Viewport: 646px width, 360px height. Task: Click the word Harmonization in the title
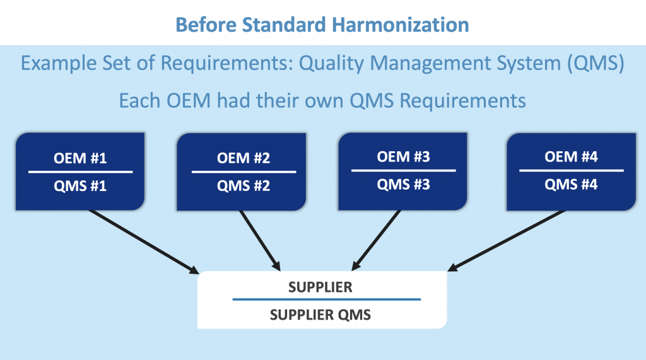(401, 25)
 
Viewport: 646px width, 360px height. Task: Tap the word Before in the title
(206, 25)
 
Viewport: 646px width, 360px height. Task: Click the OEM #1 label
(80, 158)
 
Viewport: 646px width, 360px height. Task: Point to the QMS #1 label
(80, 186)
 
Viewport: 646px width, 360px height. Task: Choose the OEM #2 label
(244, 158)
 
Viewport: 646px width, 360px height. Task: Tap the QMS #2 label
(244, 186)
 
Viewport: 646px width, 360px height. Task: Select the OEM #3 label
(403, 157)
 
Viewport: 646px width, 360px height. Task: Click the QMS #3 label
(403, 185)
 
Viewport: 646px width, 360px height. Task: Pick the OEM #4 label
(571, 157)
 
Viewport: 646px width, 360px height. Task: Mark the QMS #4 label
(571, 185)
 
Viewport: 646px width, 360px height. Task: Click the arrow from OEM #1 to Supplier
(144, 242)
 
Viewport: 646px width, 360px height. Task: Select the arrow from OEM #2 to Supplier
(260, 241)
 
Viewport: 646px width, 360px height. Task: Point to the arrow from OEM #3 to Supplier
(376, 241)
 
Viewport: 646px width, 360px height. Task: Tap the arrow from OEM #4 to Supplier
(507, 241)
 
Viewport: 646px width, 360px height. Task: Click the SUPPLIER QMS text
(320, 315)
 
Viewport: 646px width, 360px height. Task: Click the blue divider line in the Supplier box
(326, 299)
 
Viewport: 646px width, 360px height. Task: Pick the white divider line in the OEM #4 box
(571, 170)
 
